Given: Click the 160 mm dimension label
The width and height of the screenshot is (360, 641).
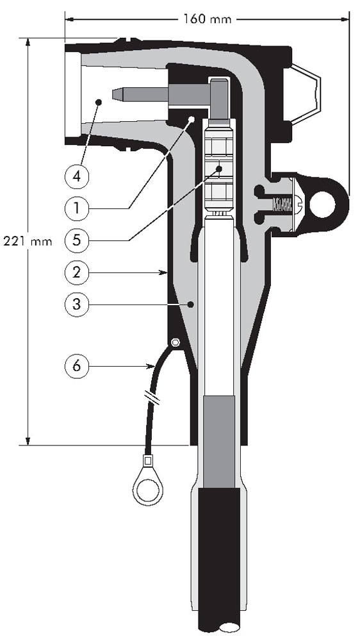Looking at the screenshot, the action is point(206,19).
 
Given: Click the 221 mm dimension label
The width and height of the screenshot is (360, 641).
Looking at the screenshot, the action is point(28,241).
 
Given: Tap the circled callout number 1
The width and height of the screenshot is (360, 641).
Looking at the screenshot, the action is point(76,208).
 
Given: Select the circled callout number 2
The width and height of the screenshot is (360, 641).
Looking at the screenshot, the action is point(76,272).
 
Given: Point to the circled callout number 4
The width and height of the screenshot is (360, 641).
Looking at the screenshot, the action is point(76,177).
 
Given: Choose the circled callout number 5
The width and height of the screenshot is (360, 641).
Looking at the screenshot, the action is point(76,240).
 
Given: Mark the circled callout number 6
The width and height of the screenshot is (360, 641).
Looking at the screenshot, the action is point(76,366).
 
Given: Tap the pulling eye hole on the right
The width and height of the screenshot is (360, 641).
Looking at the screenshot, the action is point(322,204).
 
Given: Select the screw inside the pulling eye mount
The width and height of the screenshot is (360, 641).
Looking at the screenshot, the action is point(286,204).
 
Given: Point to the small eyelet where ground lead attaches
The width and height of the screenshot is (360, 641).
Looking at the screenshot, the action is point(176,342).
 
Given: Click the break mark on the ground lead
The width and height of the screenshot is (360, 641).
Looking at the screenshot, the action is point(152,397).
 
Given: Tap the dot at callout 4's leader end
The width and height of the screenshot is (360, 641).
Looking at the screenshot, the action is point(98,102).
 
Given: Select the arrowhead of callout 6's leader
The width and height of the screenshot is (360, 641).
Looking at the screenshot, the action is point(151,366).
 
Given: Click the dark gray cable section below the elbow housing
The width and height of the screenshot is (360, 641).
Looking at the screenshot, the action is point(219,442).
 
